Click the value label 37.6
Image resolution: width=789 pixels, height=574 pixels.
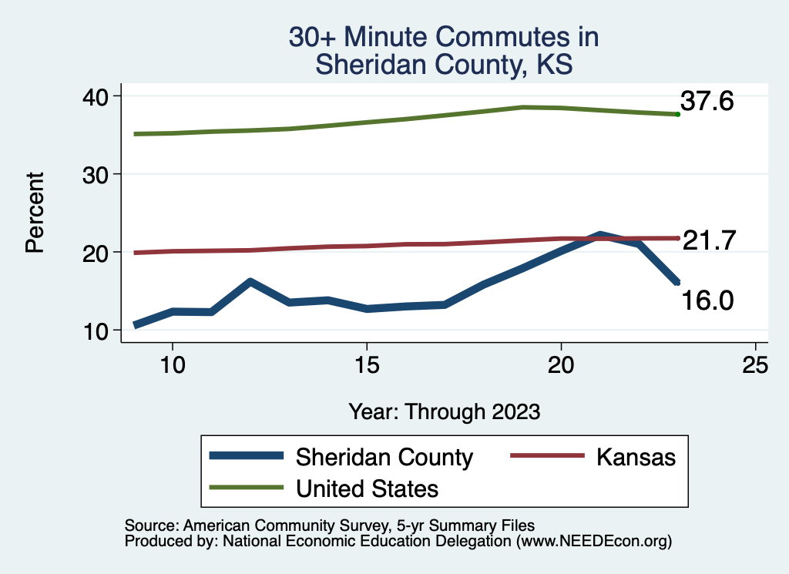[707, 101]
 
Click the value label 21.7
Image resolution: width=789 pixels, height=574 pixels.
[710, 240]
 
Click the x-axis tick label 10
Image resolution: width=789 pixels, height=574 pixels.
[172, 365]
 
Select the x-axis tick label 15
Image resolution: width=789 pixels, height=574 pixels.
[367, 365]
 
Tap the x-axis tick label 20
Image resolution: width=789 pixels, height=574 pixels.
[561, 365]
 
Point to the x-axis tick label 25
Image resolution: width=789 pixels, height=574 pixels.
[755, 365]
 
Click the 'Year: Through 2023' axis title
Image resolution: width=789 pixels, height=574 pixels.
[444, 411]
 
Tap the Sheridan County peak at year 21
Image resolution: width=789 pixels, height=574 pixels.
[599, 234]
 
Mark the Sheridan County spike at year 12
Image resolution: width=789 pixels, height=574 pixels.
[250, 282]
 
